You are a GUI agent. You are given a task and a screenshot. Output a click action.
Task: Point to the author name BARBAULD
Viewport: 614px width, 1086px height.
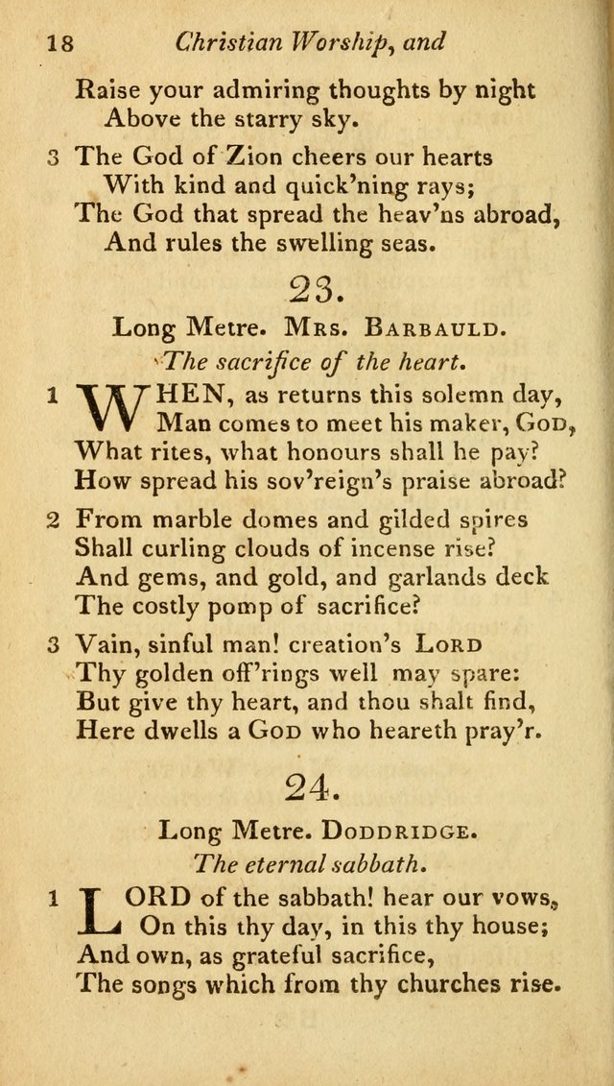tap(432, 328)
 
